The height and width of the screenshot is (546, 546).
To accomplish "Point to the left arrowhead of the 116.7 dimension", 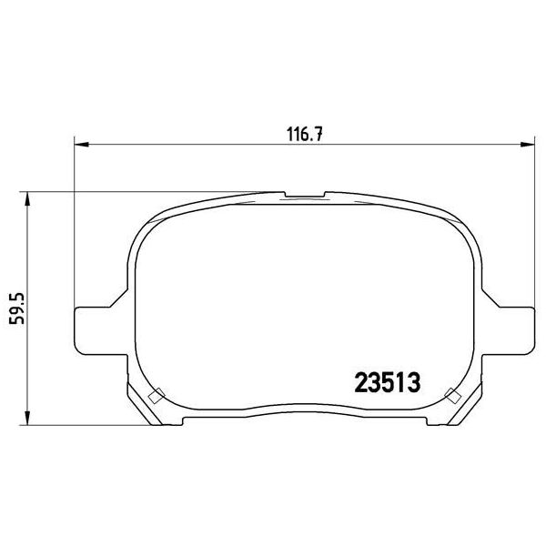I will point(78,143).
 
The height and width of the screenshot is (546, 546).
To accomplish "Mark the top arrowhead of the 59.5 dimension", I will point(28,197).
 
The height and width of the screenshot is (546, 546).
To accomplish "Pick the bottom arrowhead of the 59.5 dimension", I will point(28,420).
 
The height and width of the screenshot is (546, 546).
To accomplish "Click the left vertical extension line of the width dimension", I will point(72,227).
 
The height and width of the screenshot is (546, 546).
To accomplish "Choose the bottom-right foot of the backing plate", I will point(441,420).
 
